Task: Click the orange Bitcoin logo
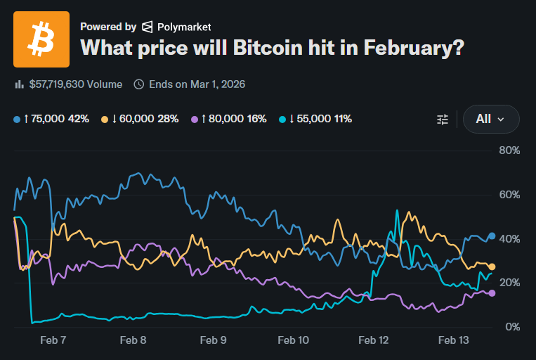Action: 41,39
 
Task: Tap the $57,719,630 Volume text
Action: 76,84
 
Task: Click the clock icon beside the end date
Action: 139,84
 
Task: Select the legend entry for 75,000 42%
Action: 51,119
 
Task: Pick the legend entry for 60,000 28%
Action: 140,119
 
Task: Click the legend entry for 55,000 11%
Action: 315,119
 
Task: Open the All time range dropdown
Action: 491,119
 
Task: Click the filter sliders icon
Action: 443,120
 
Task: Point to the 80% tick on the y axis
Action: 509,150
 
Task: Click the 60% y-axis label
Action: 509,195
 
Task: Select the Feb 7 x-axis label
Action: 53,340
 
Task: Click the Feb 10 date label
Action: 294,340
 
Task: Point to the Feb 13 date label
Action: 453,340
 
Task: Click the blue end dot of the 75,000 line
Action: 492,236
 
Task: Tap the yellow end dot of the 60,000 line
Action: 492,266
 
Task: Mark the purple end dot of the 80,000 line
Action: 492,293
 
